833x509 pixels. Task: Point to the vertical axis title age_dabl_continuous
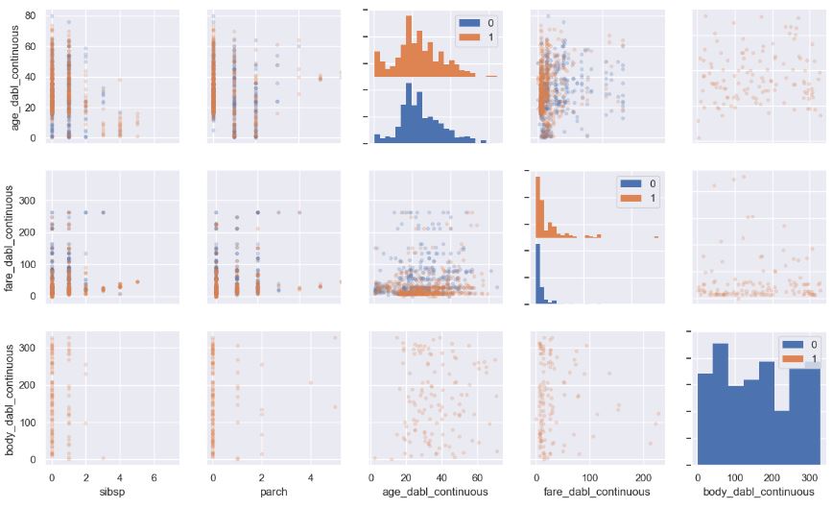pos(11,76)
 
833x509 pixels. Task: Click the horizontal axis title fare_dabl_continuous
pos(595,492)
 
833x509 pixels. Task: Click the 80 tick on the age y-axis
pos(31,15)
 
